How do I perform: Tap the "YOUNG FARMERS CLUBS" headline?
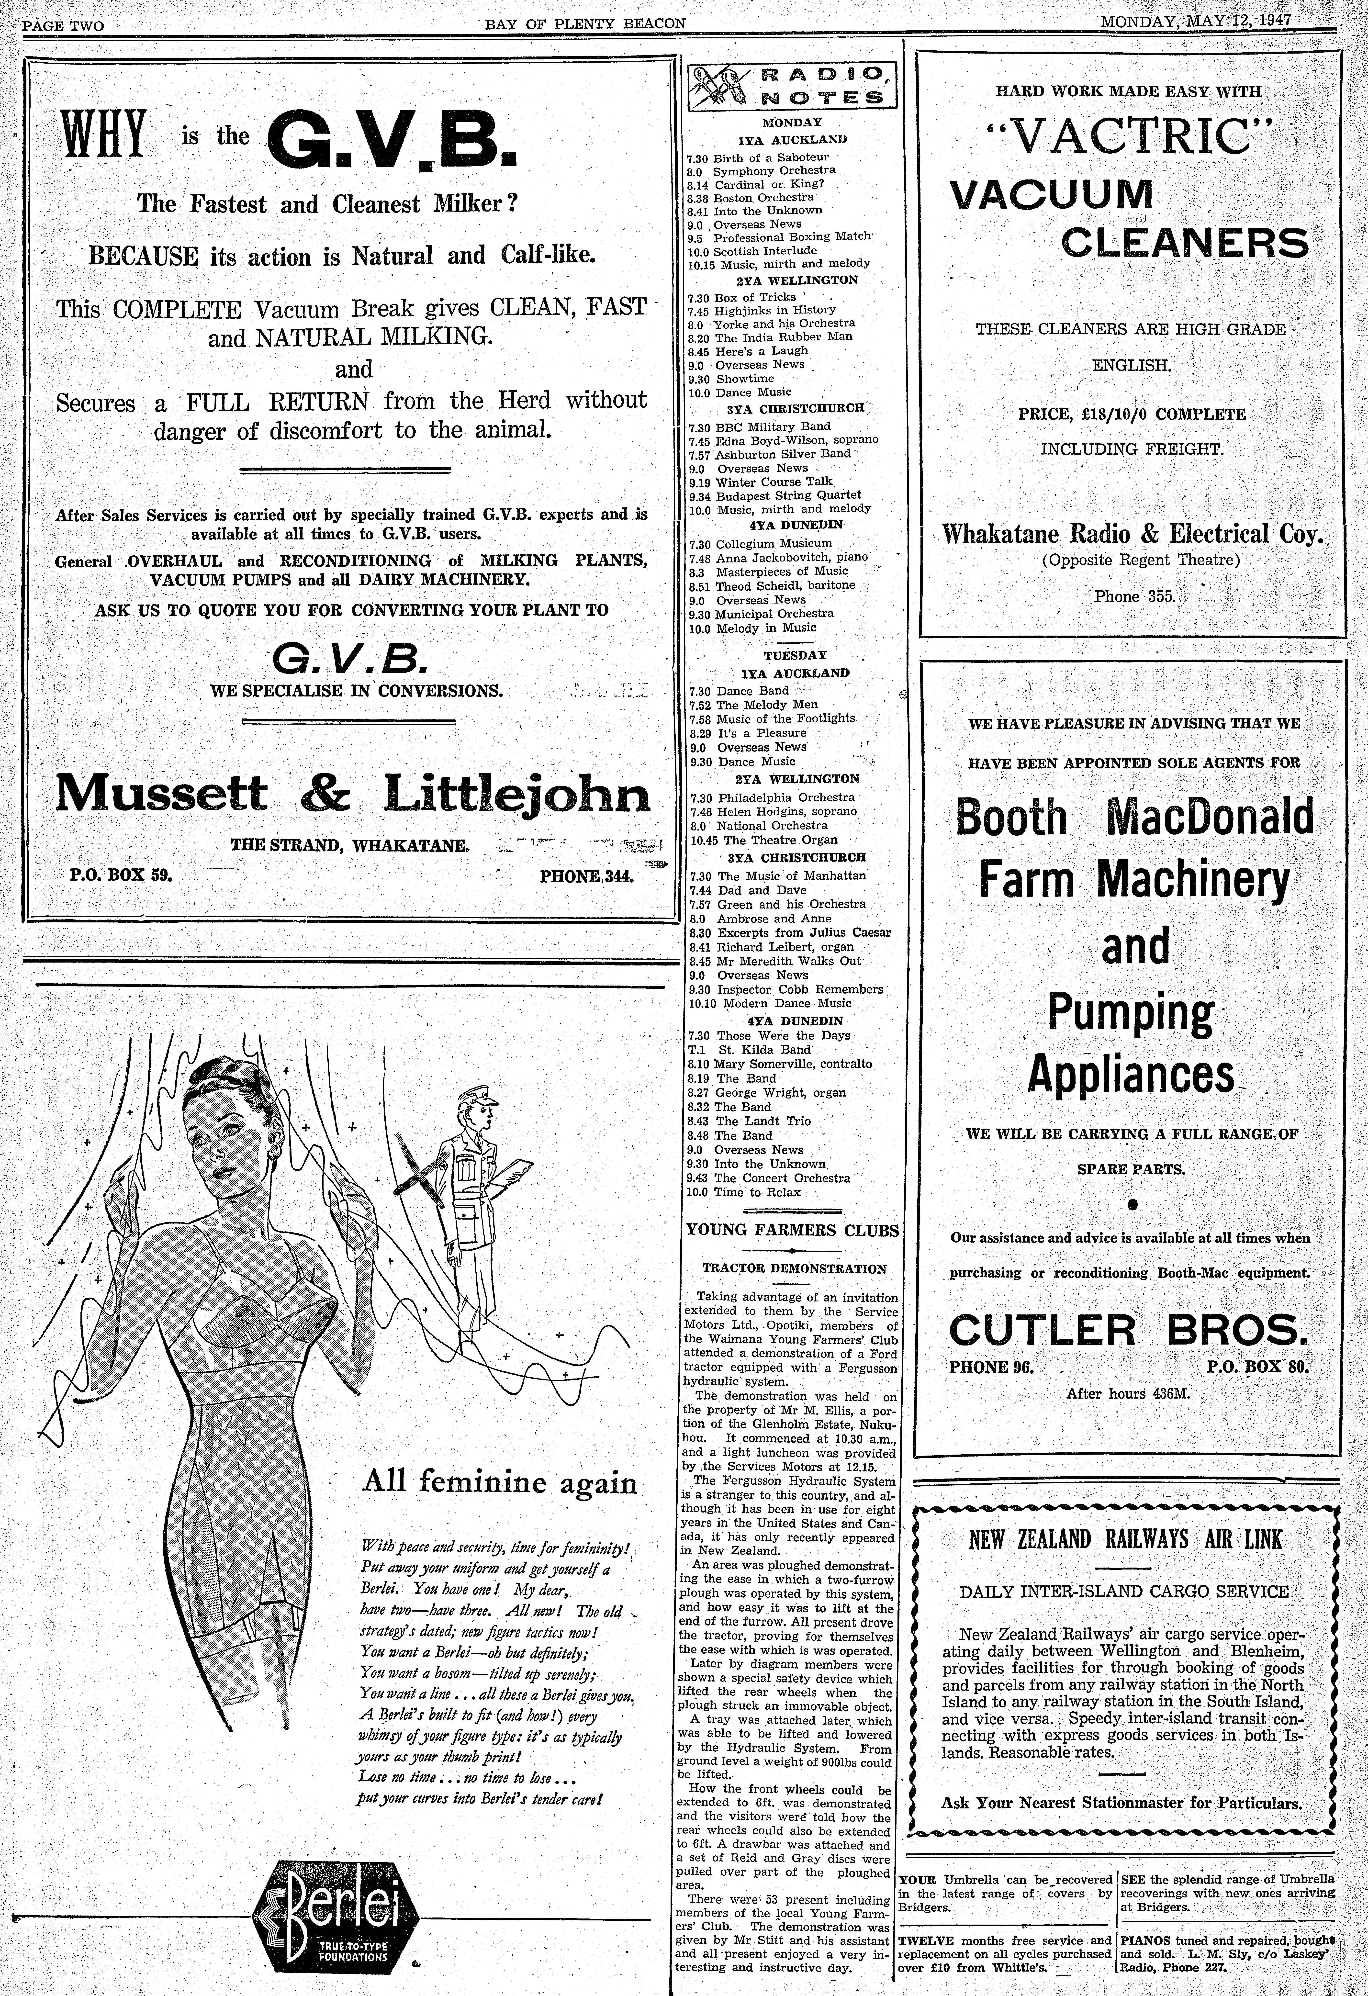point(792,1230)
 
